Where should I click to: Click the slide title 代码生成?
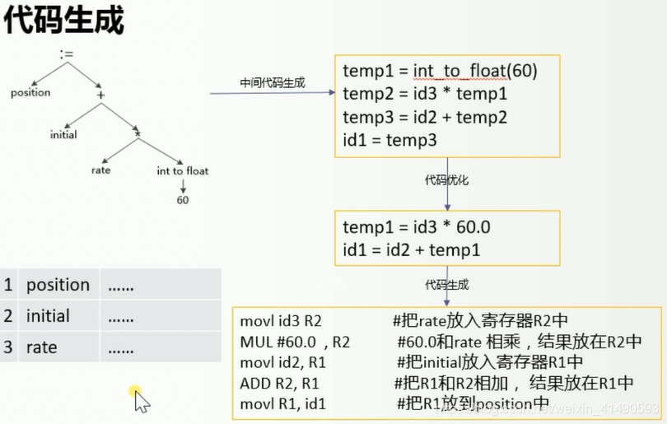(x=64, y=21)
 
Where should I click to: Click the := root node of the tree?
(x=67, y=56)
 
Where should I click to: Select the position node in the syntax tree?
(x=30, y=93)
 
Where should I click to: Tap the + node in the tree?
(x=101, y=96)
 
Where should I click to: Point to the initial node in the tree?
(x=63, y=134)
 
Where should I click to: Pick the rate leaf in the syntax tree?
(x=100, y=171)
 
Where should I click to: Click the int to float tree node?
(x=183, y=171)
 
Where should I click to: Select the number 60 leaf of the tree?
(x=183, y=200)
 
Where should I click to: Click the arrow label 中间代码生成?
(x=272, y=82)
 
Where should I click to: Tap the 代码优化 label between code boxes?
(x=446, y=179)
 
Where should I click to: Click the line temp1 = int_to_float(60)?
(x=440, y=72)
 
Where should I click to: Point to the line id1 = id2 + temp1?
(x=411, y=249)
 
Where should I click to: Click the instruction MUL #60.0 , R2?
(x=295, y=342)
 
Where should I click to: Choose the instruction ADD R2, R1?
(x=279, y=383)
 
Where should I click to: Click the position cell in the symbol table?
(x=58, y=285)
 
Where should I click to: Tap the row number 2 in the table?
(x=8, y=316)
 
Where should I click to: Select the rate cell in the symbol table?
(x=41, y=347)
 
